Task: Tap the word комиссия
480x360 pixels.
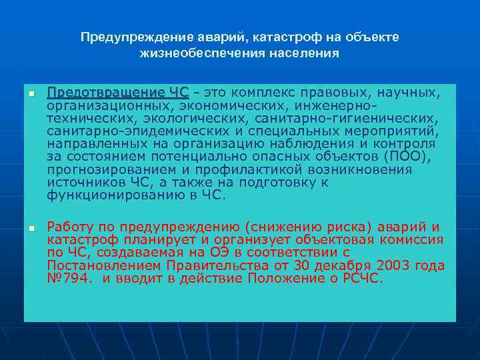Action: click(x=411, y=239)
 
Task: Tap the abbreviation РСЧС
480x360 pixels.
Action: click(x=362, y=278)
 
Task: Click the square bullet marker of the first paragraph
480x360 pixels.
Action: click(x=30, y=94)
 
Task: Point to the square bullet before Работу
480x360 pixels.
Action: click(x=30, y=229)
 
